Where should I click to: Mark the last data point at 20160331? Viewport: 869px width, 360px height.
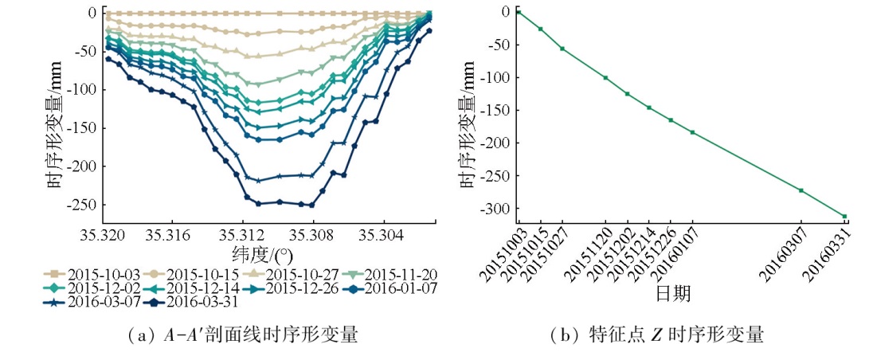tap(844, 216)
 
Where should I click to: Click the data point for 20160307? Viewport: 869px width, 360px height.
tap(800, 190)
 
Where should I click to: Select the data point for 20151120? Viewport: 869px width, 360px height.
tap(605, 77)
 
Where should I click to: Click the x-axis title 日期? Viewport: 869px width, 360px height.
tap(673, 294)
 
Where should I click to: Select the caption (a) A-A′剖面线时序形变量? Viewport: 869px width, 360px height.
tap(243, 335)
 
